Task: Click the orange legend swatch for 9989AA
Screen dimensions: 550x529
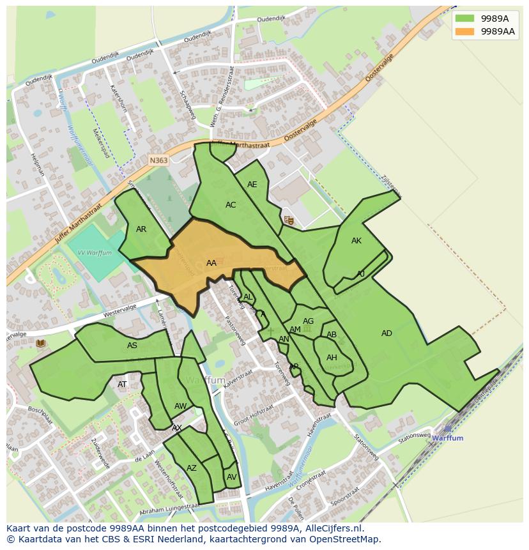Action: (465, 31)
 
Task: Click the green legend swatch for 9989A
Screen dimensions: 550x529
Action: (465, 19)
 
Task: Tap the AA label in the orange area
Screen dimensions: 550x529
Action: (211, 263)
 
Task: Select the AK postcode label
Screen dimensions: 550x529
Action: (356, 241)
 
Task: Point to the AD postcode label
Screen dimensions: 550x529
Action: (387, 333)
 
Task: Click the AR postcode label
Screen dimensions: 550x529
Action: (141, 229)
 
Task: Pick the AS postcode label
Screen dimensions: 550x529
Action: (132, 346)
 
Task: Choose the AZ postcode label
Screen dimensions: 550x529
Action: (192, 468)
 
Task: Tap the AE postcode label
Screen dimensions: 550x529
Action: (252, 185)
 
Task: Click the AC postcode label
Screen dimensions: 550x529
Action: (231, 205)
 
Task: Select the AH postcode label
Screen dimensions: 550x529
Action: (332, 358)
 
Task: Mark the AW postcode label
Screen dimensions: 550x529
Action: (180, 406)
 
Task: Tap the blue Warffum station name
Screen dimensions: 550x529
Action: (447, 438)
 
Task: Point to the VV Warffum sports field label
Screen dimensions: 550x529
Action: (95, 253)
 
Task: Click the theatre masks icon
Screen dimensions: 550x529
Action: (289, 220)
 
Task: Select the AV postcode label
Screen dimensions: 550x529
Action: (231, 477)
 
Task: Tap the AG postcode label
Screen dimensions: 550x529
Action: (309, 321)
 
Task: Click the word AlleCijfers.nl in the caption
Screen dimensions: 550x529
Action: (333, 528)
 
